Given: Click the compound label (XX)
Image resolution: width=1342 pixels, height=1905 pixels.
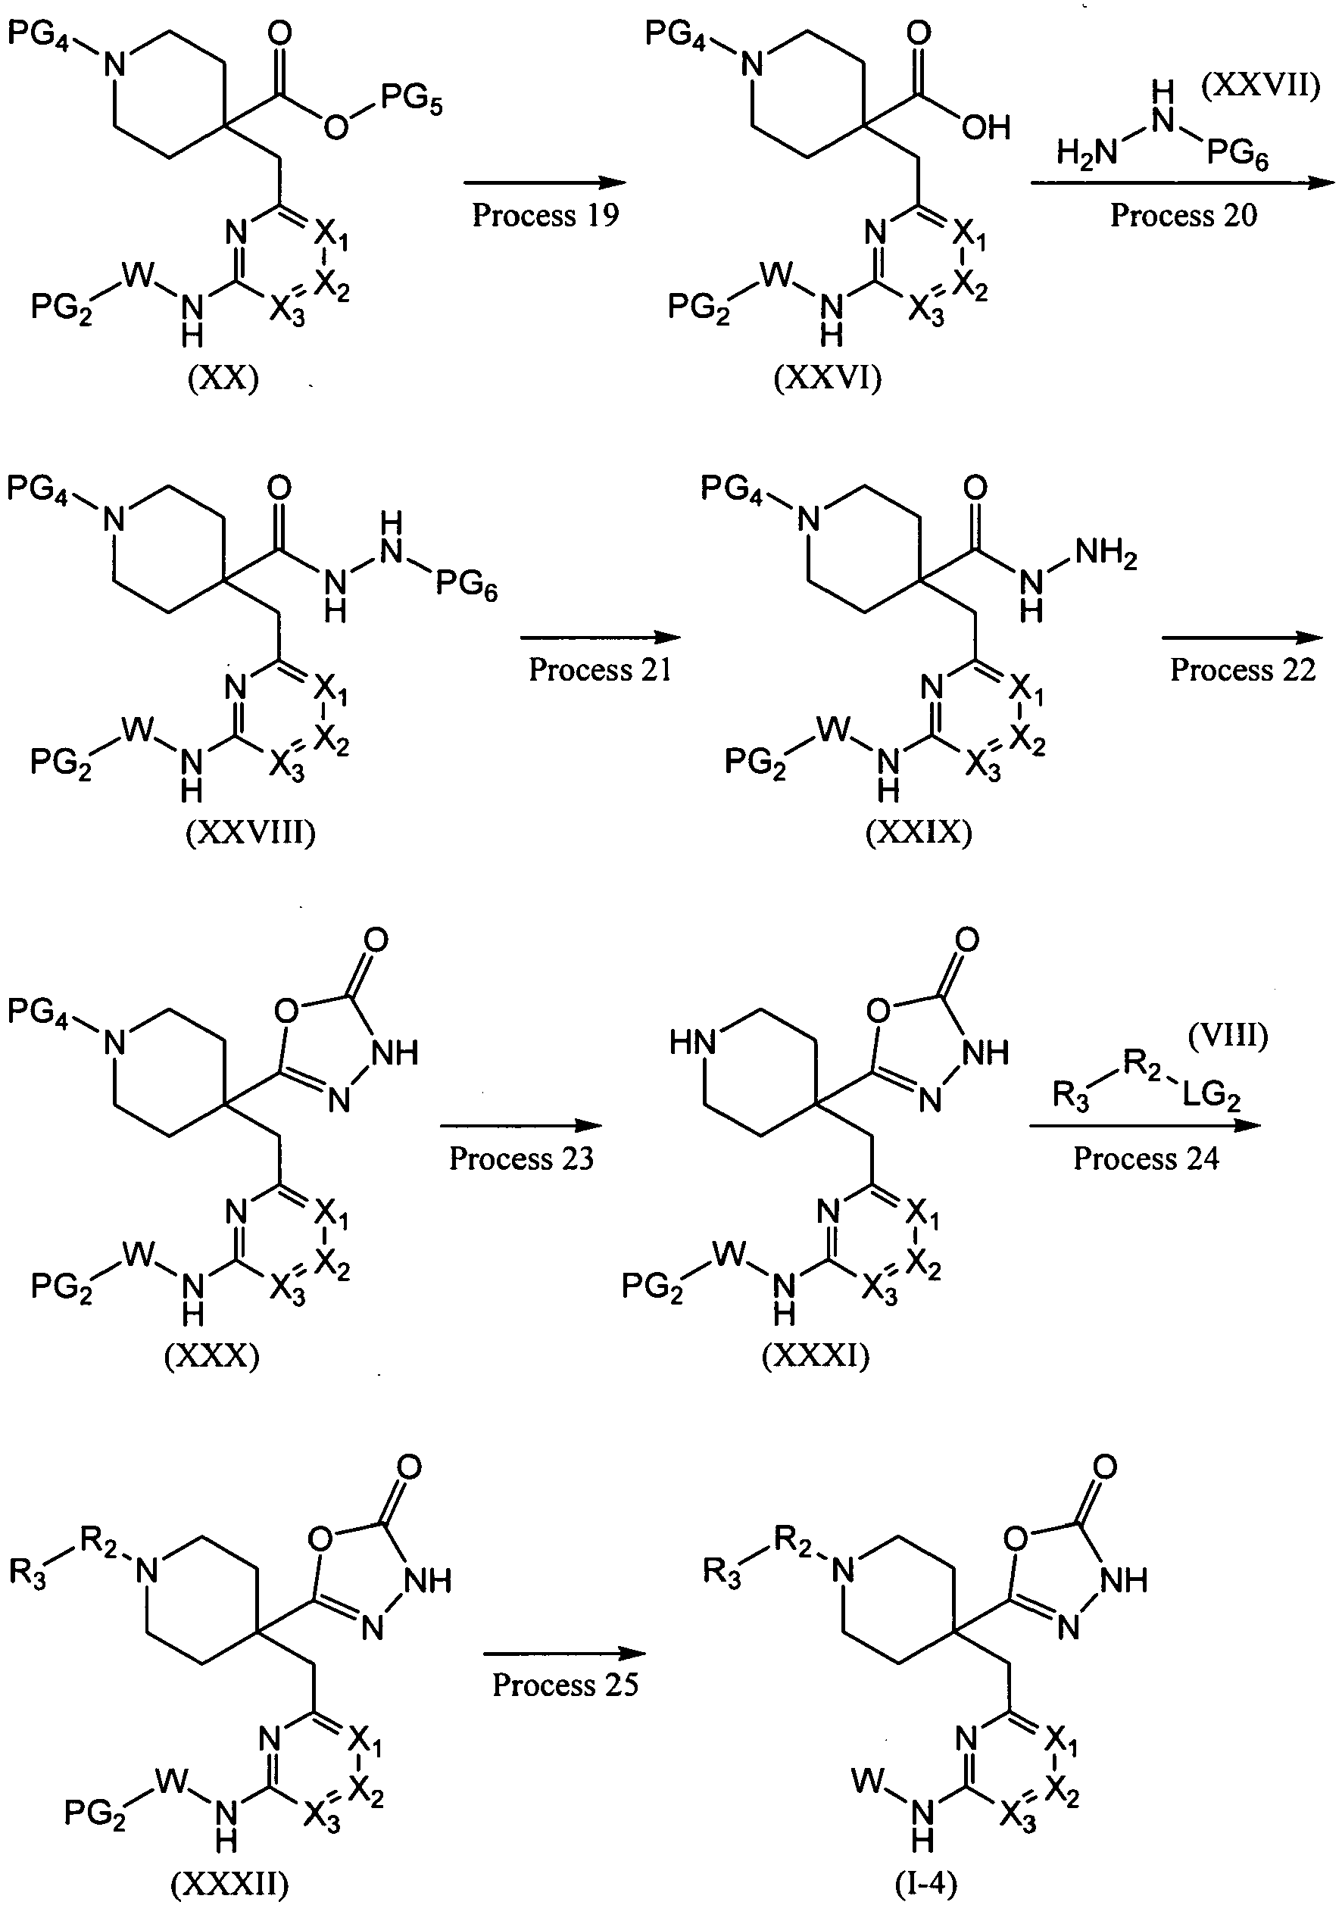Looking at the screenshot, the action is (x=223, y=379).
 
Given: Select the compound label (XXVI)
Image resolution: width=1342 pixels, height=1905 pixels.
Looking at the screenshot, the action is (x=828, y=379).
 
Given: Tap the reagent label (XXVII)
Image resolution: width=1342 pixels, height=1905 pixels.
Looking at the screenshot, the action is (x=1261, y=86).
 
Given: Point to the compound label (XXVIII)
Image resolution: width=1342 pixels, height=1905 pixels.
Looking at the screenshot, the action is (x=251, y=832).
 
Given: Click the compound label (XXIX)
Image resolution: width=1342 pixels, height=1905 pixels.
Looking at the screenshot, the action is (x=919, y=832).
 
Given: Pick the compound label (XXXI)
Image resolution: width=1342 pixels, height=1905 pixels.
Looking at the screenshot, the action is (x=816, y=1356).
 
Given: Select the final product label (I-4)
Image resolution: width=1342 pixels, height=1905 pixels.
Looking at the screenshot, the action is (x=926, y=1885).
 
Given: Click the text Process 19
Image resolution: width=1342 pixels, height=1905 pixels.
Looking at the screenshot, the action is (x=545, y=215).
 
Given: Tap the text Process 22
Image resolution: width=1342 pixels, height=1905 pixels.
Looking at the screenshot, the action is (x=1242, y=669).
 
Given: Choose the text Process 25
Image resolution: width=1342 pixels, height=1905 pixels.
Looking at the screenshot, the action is (x=565, y=1685).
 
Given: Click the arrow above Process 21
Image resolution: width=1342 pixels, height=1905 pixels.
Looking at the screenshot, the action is (x=600, y=638).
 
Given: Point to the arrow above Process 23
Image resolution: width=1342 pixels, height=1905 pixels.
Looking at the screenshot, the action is (x=520, y=1126).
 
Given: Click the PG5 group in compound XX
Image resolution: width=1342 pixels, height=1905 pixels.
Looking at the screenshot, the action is (x=413, y=103).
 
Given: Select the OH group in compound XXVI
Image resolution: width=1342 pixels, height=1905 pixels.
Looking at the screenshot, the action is (x=986, y=128).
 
